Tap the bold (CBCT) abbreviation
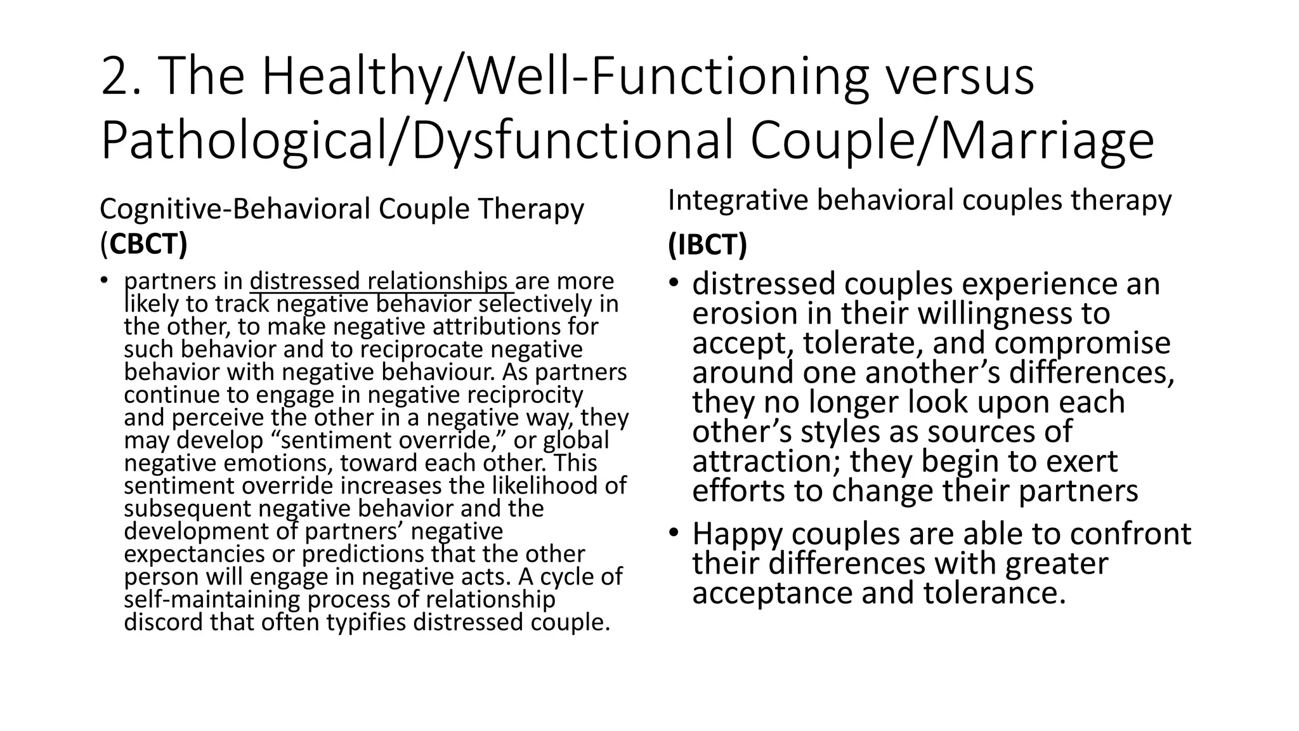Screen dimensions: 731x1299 [144, 244]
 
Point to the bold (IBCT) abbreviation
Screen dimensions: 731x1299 [707, 244]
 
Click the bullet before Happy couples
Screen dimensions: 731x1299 [673, 532]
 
